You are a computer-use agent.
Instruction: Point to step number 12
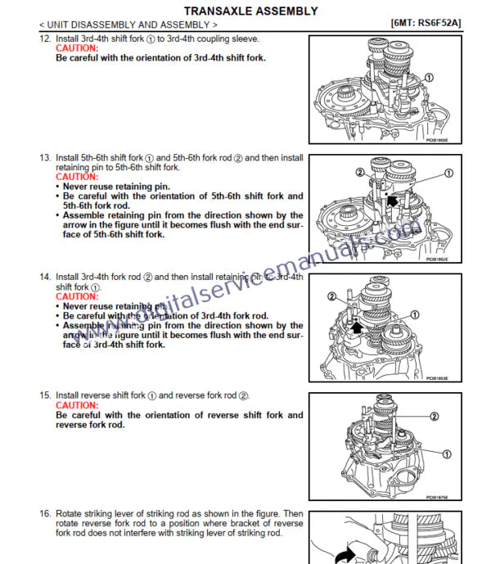(x=45, y=38)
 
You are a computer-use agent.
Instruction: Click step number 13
(x=45, y=157)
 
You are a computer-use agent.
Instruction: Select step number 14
(x=45, y=277)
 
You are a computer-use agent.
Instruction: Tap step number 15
(x=45, y=395)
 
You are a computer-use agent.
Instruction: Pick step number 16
(x=45, y=513)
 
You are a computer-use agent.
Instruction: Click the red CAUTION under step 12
(x=77, y=48)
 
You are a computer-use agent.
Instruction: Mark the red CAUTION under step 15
(x=77, y=405)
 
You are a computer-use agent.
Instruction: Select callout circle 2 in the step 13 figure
(x=359, y=173)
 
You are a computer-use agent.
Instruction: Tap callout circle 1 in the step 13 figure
(x=448, y=173)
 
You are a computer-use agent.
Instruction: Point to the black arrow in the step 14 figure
(x=357, y=327)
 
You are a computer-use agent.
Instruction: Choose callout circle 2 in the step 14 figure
(x=331, y=296)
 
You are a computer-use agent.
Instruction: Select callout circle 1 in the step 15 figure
(x=446, y=453)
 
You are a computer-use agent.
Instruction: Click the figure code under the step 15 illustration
(x=437, y=497)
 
